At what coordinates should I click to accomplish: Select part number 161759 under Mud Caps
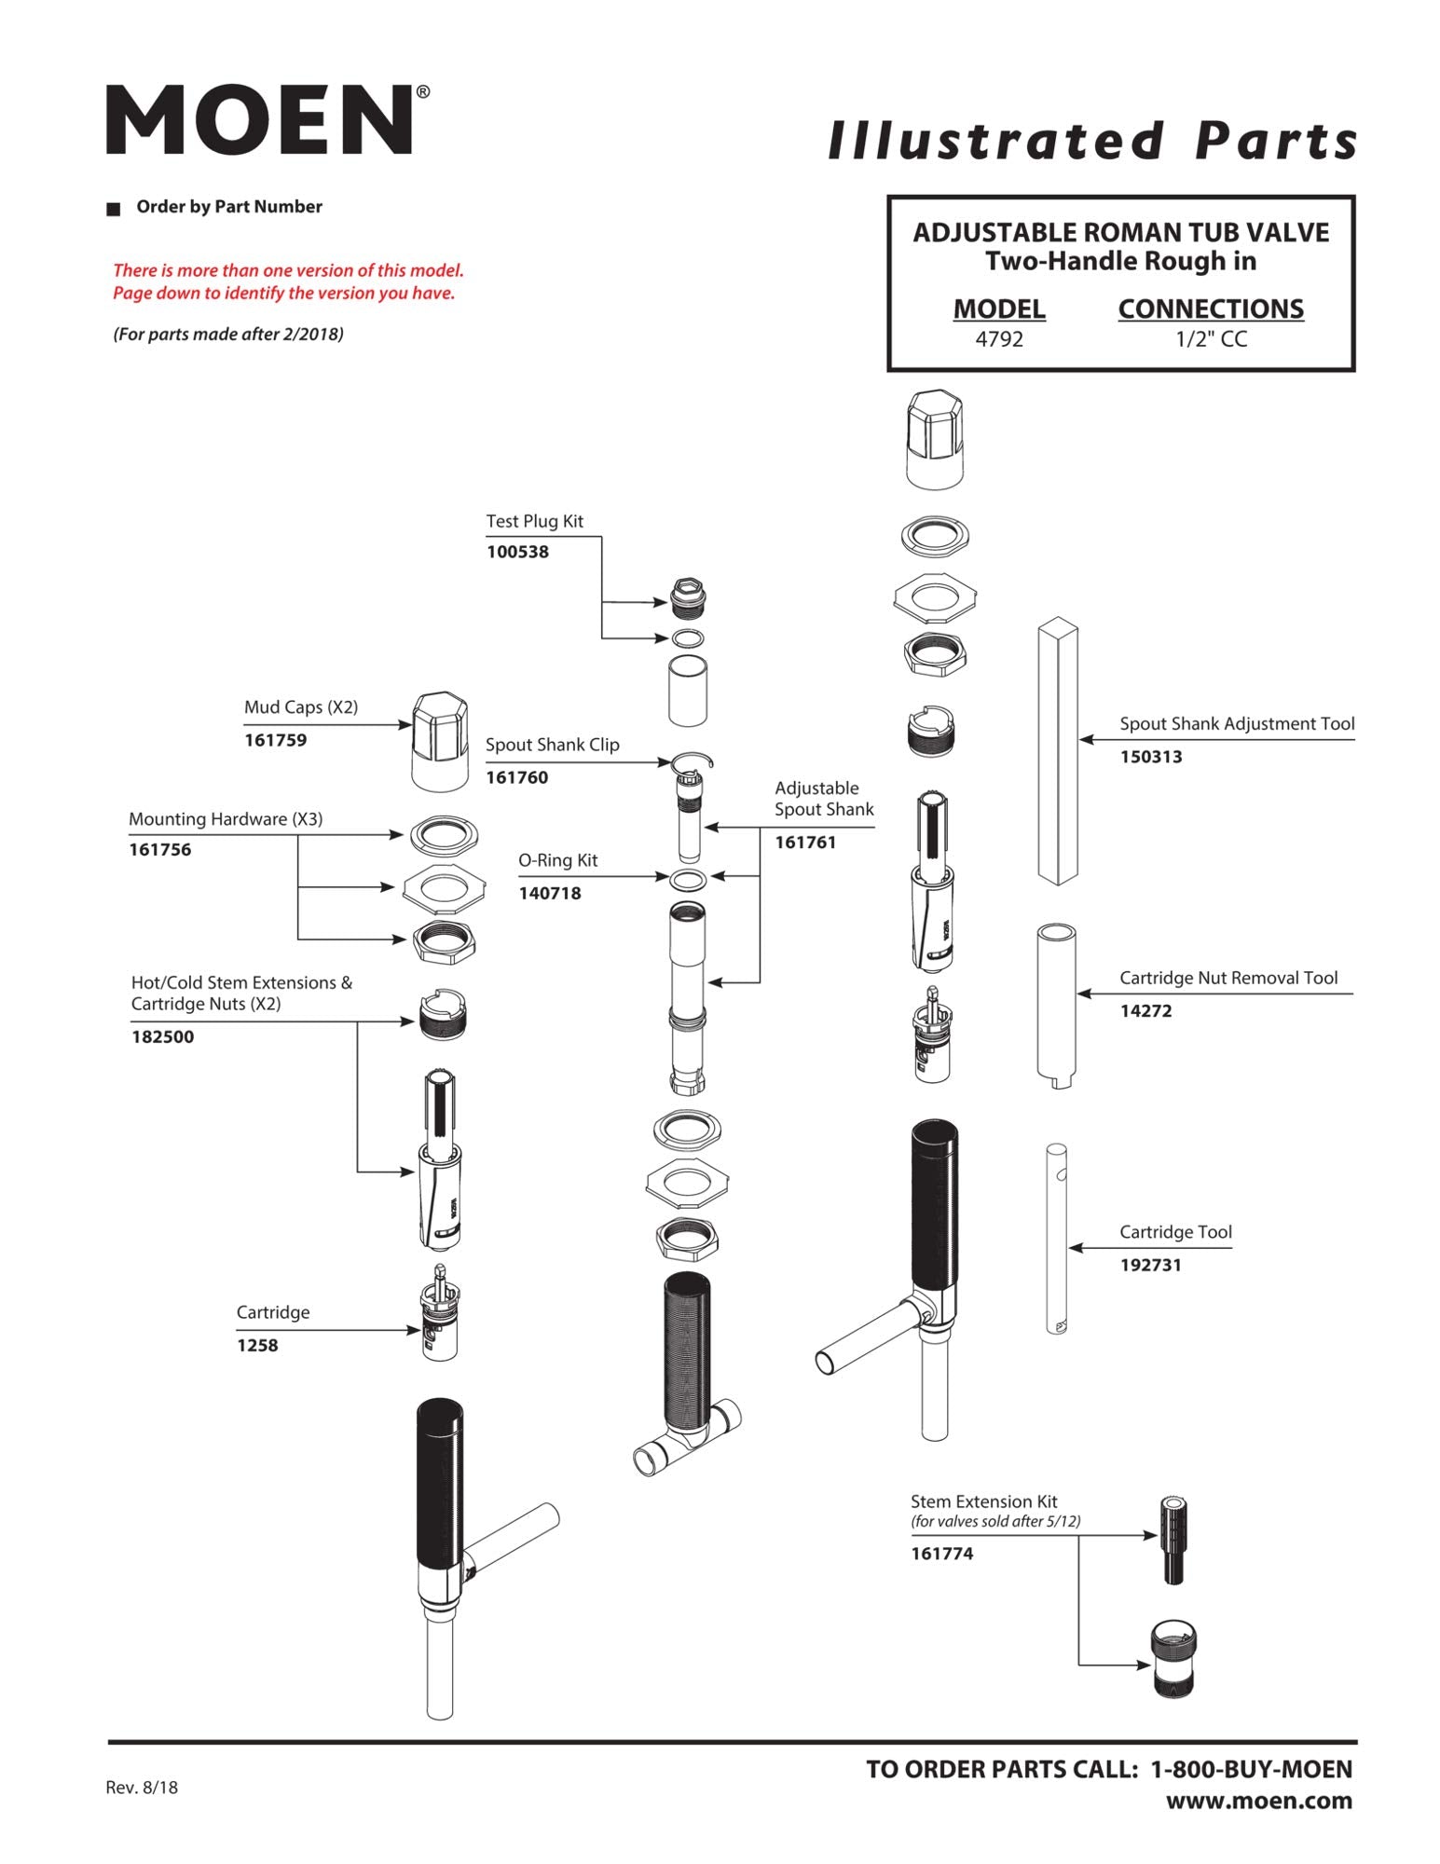(275, 740)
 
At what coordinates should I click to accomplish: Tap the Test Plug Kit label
(534, 522)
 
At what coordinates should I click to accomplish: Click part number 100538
(517, 552)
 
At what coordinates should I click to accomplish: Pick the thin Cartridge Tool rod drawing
(1056, 1240)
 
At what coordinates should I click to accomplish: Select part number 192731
(1150, 1265)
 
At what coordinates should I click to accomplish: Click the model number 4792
(998, 339)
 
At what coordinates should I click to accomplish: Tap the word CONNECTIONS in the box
(1210, 309)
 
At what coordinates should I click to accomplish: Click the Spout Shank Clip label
(552, 745)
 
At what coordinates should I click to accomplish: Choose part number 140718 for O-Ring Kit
(549, 893)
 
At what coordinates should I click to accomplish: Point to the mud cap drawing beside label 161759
(439, 742)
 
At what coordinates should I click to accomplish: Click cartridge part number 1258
(257, 1345)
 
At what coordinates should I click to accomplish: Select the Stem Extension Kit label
(983, 1501)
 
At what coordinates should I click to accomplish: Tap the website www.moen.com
(1258, 1801)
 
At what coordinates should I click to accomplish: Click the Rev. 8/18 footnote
(142, 1787)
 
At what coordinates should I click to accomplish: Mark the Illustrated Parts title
(1091, 142)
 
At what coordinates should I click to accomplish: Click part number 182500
(162, 1036)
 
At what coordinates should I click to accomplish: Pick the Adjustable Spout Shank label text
(823, 799)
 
